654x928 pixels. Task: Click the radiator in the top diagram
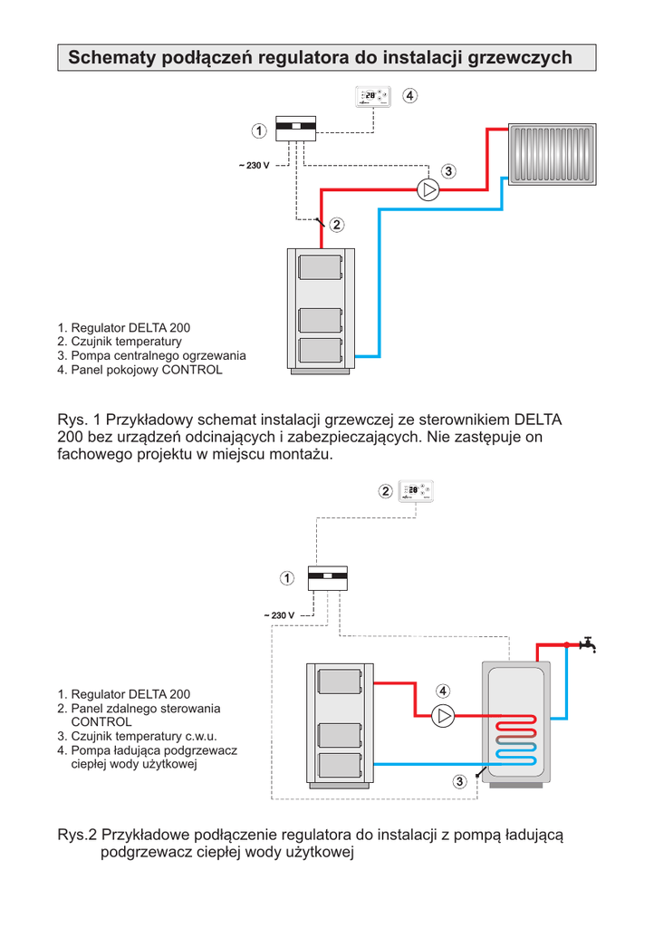point(553,154)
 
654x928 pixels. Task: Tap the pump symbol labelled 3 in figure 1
point(428,189)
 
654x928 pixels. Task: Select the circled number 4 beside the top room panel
point(410,95)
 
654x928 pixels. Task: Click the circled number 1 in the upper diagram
point(259,131)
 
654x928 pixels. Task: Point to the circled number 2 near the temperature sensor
point(337,224)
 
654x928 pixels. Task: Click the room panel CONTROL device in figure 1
point(372,96)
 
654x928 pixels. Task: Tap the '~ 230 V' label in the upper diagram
point(254,166)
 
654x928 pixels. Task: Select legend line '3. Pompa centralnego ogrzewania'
point(151,355)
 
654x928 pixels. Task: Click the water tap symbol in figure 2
point(589,643)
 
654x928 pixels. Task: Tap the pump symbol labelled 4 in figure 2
point(443,716)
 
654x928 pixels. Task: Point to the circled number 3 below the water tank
point(460,780)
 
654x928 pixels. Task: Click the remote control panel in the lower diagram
point(416,490)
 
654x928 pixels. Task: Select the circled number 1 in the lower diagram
point(286,577)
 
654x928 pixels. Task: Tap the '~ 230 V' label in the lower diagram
point(279,615)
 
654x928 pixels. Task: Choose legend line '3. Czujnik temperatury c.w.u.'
point(143,736)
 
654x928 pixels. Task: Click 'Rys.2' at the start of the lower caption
point(77,835)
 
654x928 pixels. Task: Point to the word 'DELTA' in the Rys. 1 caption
point(539,420)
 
